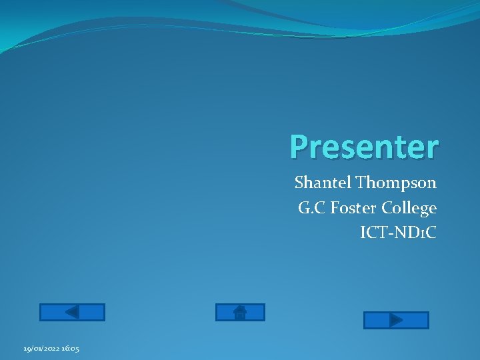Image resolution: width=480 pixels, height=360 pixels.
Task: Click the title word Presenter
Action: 364,147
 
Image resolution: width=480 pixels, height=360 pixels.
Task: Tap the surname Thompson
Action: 396,183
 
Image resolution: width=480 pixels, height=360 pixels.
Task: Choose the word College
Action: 409,208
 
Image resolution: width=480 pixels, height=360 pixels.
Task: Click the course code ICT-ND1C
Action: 398,233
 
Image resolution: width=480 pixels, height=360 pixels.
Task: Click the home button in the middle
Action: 240,312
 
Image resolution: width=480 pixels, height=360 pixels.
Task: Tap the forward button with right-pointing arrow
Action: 395,321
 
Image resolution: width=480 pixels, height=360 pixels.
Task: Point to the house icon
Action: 241,312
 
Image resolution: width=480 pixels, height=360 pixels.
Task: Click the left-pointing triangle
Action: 72,312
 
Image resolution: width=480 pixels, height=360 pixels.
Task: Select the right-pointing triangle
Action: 396,321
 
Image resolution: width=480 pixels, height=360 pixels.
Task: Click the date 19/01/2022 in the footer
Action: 41,349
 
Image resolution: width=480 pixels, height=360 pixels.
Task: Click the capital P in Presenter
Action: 299,147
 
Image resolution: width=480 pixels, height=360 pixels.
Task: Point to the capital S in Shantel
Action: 299,183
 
